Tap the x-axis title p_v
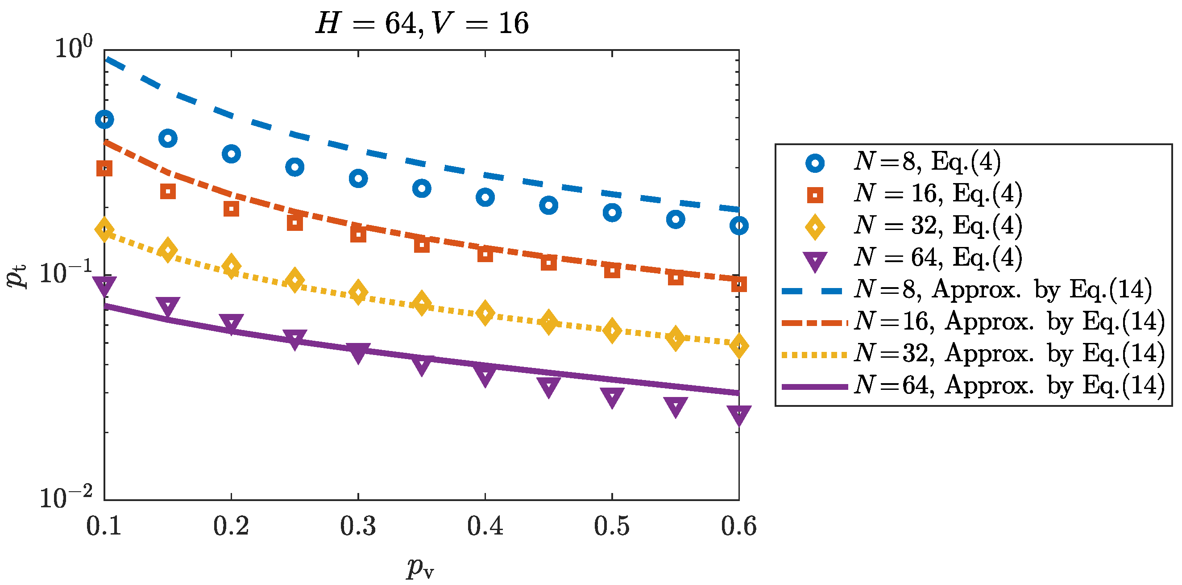tap(420, 568)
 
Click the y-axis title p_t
tap(17, 276)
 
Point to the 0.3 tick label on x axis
tap(358, 526)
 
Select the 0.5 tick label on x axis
tap(612, 526)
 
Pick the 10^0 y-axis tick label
tap(74, 48)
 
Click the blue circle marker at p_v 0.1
tap(104, 120)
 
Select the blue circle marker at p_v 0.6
tap(739, 226)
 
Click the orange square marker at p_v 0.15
tap(168, 191)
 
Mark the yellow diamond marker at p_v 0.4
tap(485, 313)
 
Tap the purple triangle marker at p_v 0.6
tap(739, 415)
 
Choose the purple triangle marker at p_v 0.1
tap(104, 286)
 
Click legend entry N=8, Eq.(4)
tap(927, 162)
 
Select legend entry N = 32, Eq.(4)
tap(938, 226)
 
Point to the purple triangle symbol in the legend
tap(814, 261)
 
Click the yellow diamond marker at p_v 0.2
tap(231, 266)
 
